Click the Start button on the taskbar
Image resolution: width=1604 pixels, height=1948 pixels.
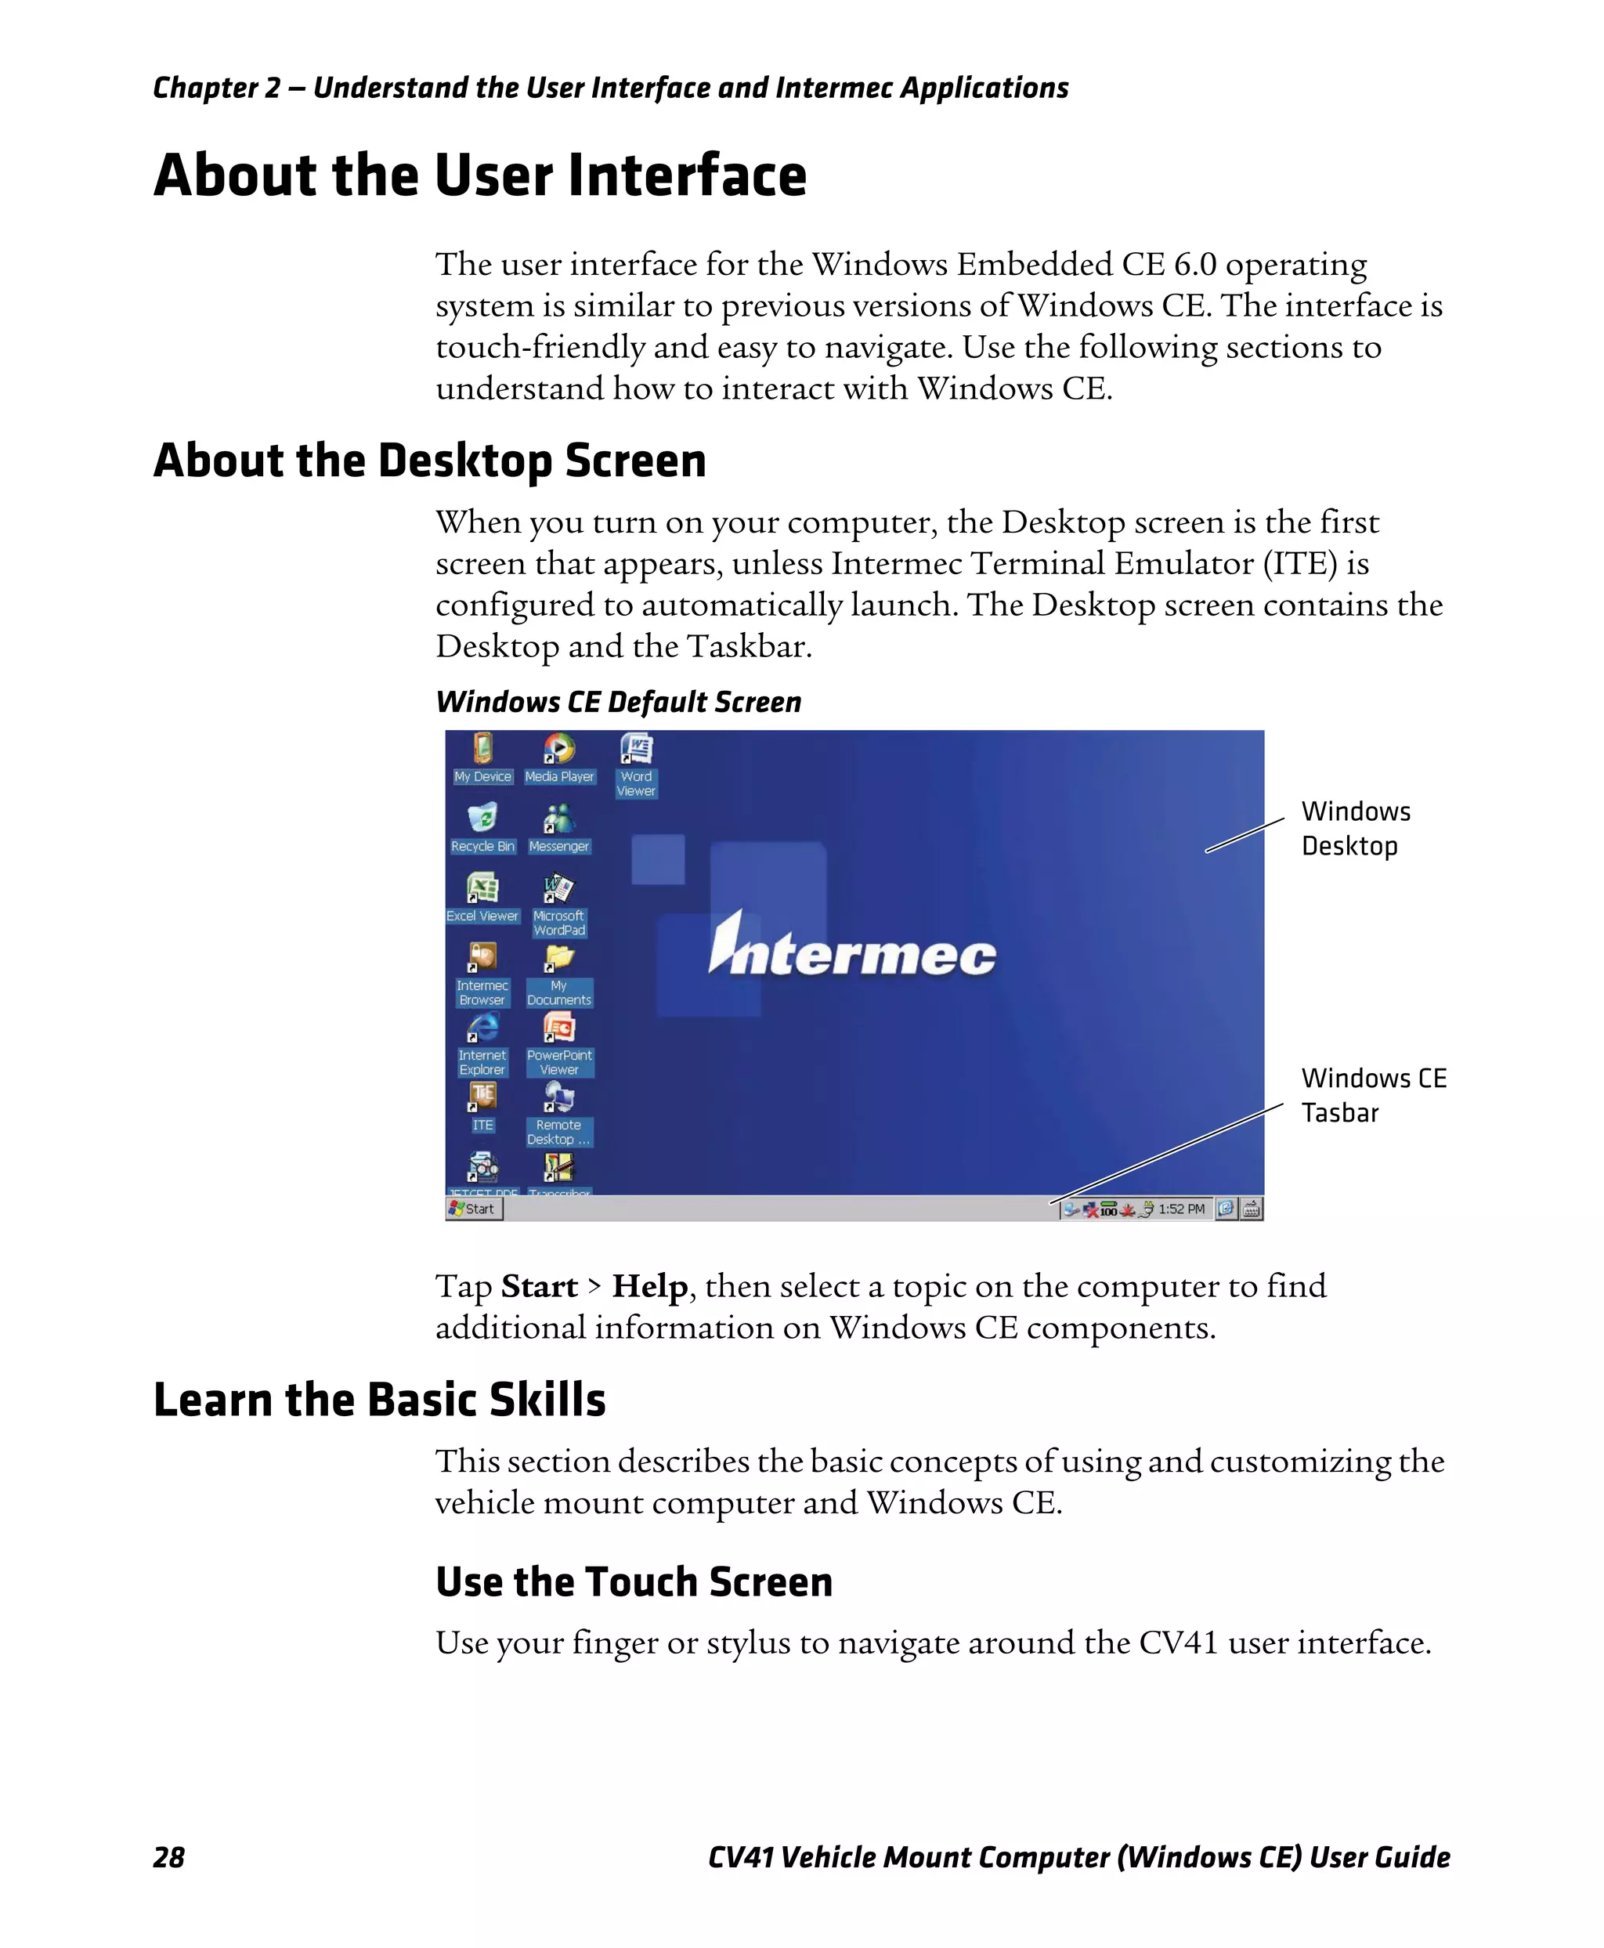click(474, 1209)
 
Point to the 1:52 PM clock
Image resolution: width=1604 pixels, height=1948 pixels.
click(1181, 1209)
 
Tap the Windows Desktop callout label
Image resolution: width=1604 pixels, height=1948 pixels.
click(1354, 828)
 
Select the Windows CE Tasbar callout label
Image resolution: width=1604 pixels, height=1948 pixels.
click(1372, 1095)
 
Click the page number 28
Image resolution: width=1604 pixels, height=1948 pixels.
click(168, 1857)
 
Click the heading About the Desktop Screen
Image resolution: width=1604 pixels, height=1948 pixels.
click(430, 461)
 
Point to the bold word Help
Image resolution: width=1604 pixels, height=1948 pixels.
click(649, 1285)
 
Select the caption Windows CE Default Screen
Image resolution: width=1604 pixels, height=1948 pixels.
click(618, 703)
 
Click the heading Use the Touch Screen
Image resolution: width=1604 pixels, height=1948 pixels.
click(634, 1581)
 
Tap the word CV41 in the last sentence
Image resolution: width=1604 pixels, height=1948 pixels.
click(1177, 1642)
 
